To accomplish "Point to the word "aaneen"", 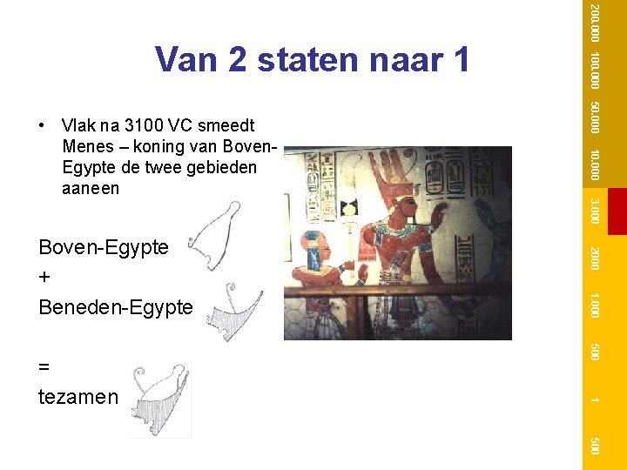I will click(91, 188).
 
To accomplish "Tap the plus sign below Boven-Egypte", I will click(45, 278).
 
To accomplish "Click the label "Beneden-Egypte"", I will click(116, 307).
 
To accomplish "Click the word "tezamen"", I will click(78, 397).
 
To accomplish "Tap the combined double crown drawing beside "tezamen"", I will click(161, 399).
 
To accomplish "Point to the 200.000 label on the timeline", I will click(593, 23).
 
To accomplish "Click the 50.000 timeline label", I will click(593, 117).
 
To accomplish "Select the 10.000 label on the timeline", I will click(593, 164).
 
